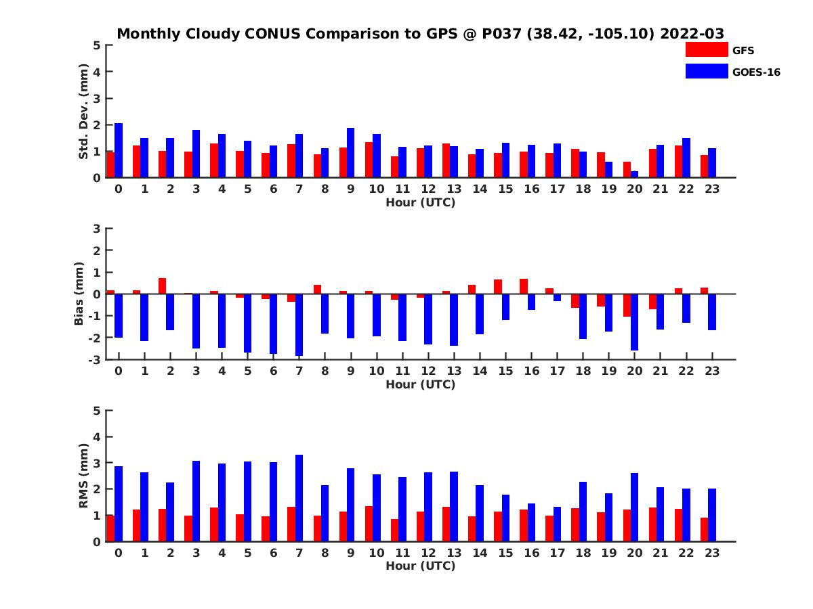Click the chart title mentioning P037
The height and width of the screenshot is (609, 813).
pyautogui.click(x=420, y=33)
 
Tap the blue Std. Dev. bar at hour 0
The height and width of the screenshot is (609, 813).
pyautogui.click(x=119, y=150)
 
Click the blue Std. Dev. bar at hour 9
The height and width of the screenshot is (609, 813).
pyautogui.click(x=351, y=153)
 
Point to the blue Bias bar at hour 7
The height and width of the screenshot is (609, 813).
pyautogui.click(x=299, y=325)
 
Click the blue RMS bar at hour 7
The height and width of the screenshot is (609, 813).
pyautogui.click(x=299, y=498)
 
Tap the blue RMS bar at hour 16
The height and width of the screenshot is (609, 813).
pyautogui.click(x=531, y=522)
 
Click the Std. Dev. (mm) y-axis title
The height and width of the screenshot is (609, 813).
pyautogui.click(x=84, y=112)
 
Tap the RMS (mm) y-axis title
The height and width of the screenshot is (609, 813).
pyautogui.click(x=84, y=476)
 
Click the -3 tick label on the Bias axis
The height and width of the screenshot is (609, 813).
pyautogui.click(x=95, y=359)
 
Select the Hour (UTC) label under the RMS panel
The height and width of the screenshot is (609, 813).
pyautogui.click(x=420, y=566)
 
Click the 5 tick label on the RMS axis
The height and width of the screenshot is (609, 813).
pyautogui.click(x=97, y=411)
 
